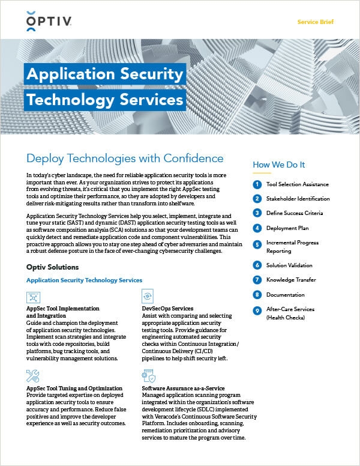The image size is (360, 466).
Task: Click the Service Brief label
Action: [x=315, y=22]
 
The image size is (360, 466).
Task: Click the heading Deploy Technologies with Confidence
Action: [x=125, y=159]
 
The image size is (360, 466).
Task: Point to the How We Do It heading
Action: [x=279, y=165]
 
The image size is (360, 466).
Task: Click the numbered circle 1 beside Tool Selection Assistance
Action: [x=257, y=184]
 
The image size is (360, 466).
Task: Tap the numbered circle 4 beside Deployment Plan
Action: [x=257, y=228]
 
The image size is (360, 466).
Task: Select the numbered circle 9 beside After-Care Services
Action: [x=257, y=309]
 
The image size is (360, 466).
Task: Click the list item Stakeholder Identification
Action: [x=298, y=199]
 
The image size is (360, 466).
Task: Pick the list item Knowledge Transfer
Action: [x=292, y=280]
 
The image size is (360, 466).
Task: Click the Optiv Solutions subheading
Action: [x=53, y=267]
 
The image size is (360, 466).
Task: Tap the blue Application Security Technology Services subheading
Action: [x=85, y=280]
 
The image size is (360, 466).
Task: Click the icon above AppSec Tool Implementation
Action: [x=34, y=297]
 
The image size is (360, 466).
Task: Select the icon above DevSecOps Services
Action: [x=148, y=297]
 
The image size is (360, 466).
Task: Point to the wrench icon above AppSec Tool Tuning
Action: [x=34, y=377]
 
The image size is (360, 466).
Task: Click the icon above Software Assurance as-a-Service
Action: [x=148, y=377]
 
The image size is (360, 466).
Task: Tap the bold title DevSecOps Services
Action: [x=168, y=308]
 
